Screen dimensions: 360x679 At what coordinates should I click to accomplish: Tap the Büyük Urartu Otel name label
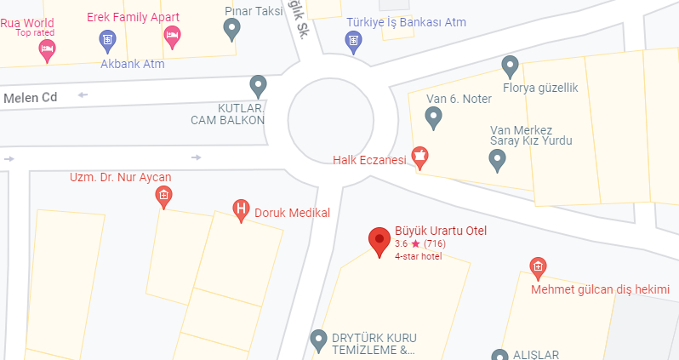coord(440,231)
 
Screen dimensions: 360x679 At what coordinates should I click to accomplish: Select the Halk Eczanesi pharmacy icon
coord(419,156)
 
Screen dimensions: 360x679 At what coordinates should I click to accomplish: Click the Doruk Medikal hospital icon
coord(242,209)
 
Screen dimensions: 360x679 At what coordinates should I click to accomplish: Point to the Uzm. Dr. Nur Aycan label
coord(120,177)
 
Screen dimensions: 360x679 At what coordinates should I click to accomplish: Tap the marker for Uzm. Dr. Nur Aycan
coord(163,197)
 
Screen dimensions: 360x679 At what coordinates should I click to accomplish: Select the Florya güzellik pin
coord(511,66)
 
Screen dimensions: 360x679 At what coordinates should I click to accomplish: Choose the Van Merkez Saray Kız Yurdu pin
coord(498,158)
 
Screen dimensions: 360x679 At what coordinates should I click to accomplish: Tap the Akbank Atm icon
coord(107,38)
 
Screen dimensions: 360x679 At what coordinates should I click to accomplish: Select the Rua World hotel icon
coord(47,50)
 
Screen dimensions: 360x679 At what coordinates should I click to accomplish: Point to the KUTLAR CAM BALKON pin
coord(258,85)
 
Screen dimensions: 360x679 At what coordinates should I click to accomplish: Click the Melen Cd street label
coord(30,98)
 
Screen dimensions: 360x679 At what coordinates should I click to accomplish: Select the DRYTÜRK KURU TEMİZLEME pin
coord(318,340)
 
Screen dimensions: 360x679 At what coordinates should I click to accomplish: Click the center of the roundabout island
coord(342,118)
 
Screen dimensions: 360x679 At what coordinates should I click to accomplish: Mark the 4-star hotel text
coord(418,256)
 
